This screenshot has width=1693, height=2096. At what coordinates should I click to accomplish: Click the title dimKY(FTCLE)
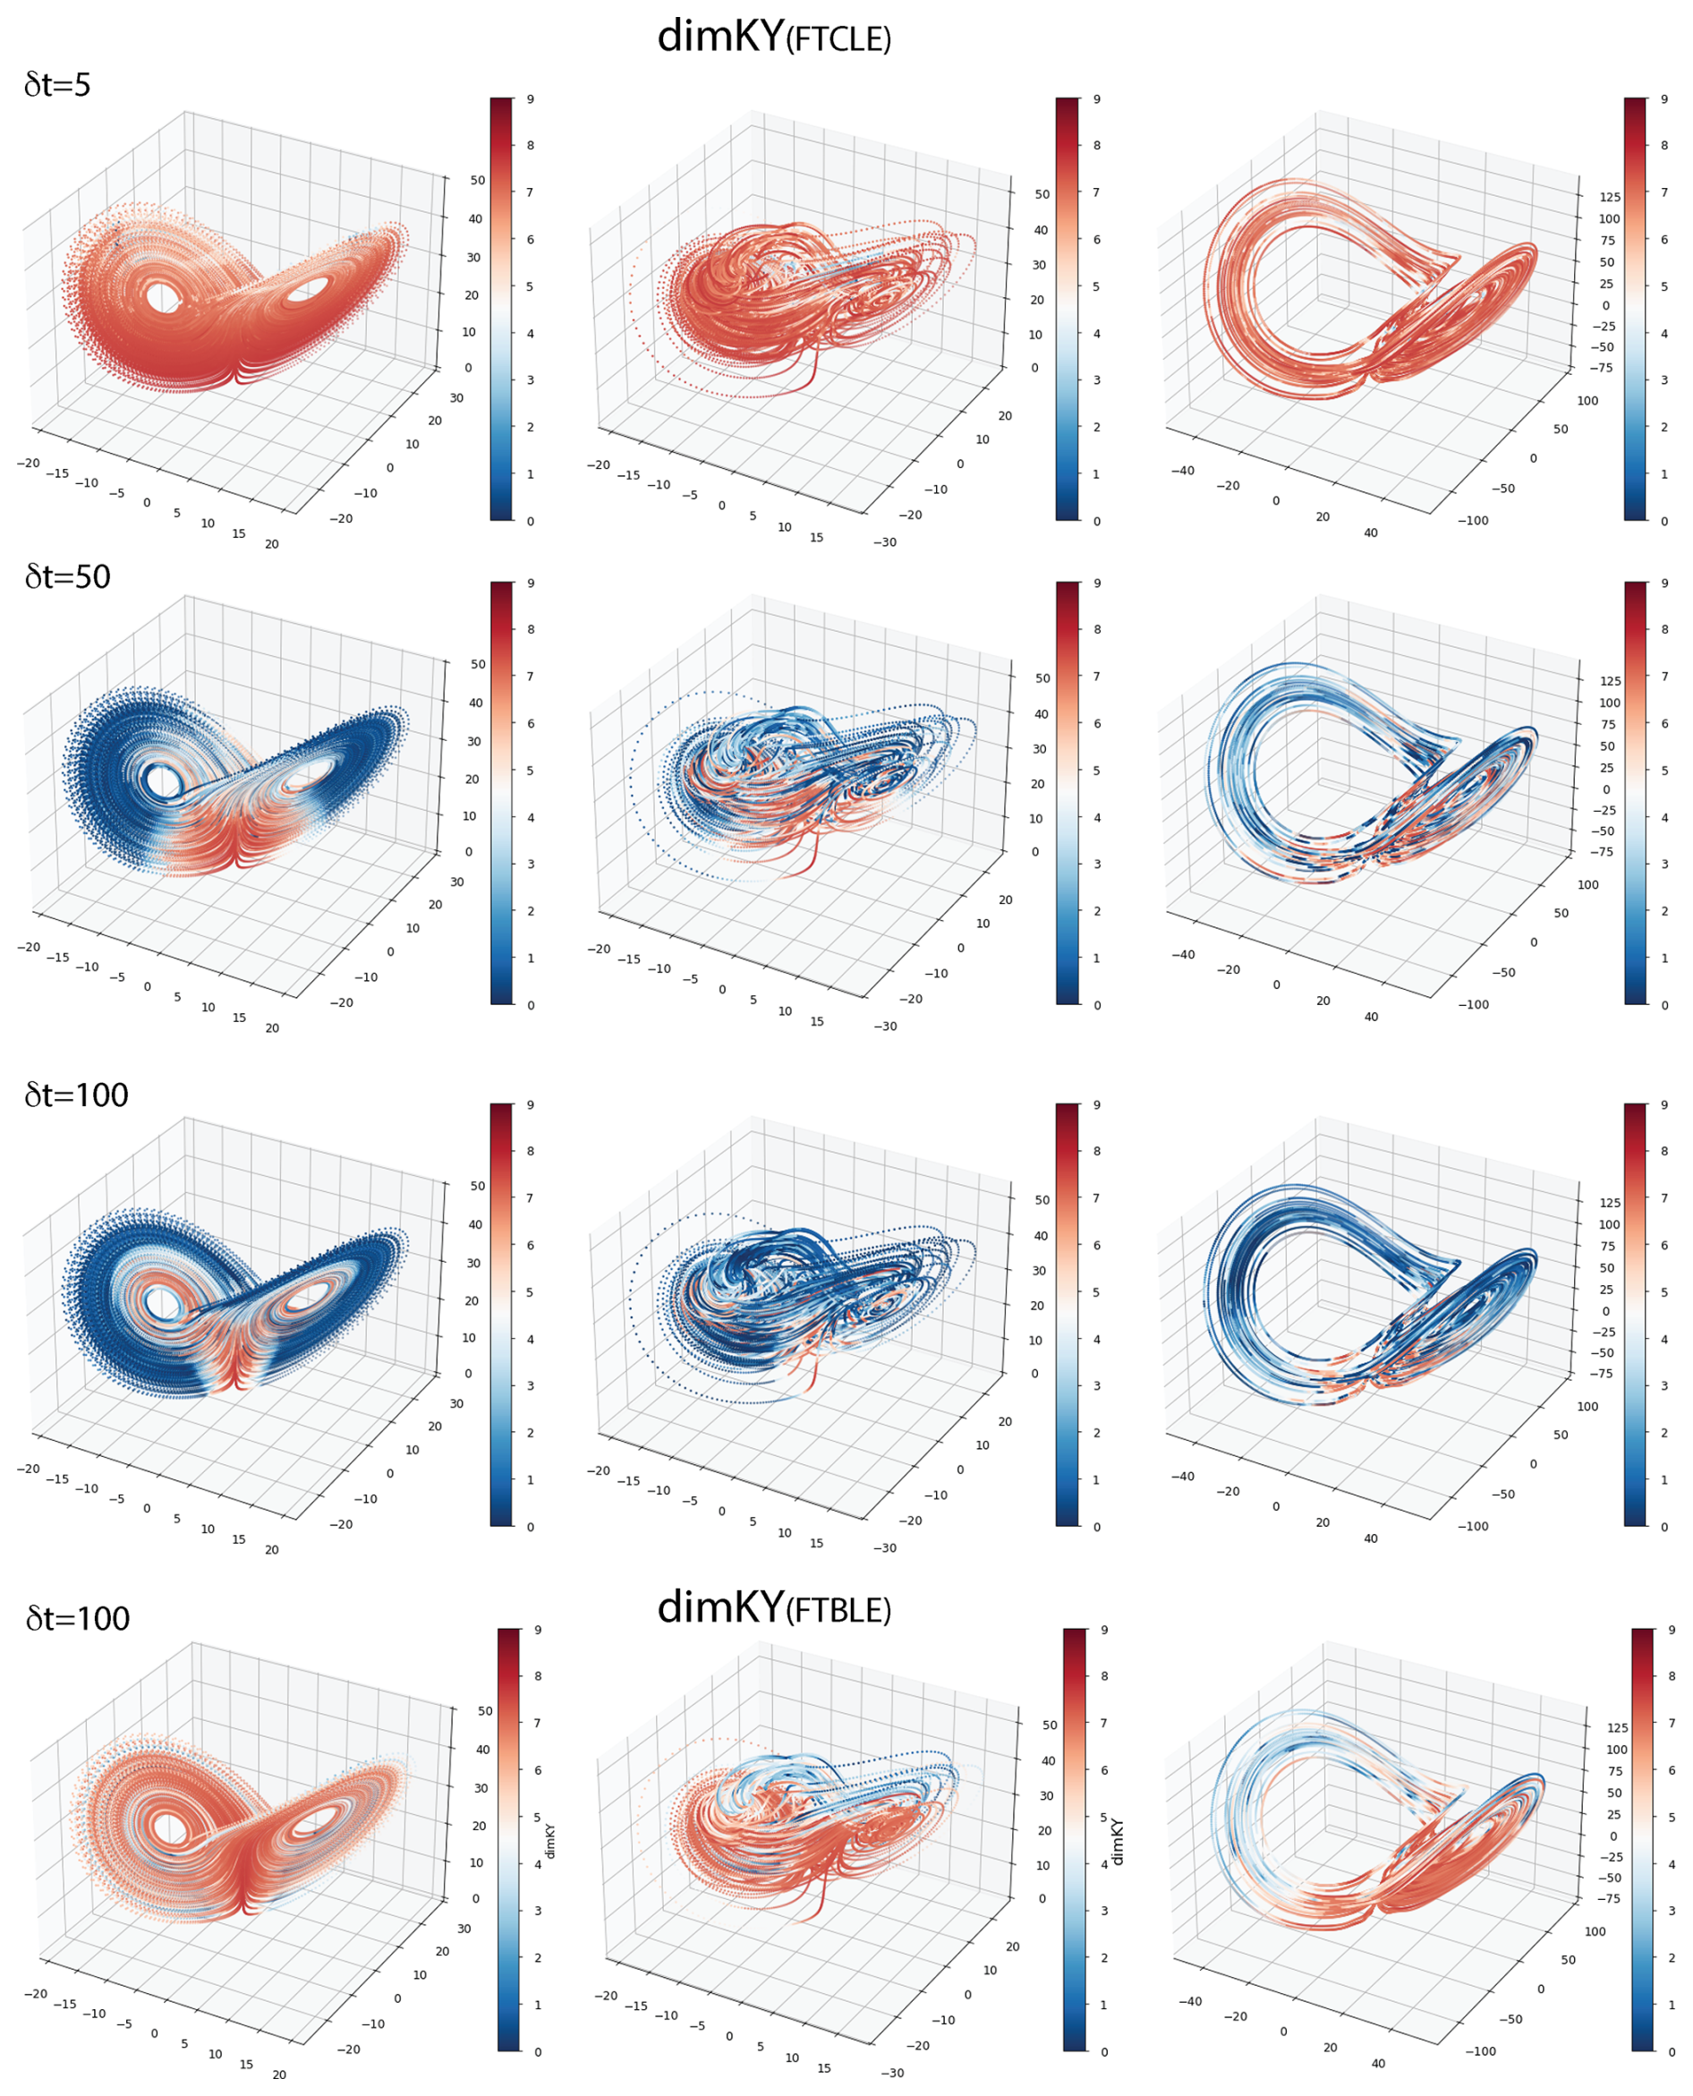coord(773,37)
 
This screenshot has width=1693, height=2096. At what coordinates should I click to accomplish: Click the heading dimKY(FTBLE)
coord(773,1606)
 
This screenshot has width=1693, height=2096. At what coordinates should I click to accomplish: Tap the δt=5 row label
coord(57,85)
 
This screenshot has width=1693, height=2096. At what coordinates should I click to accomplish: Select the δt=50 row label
coord(67,576)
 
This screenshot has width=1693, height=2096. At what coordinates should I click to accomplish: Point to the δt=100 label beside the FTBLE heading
coord(77,1618)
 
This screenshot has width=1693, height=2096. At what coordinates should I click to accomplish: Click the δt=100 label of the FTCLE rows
coord(76,1095)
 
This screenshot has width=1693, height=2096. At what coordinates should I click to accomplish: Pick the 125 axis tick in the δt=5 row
coord(1609,197)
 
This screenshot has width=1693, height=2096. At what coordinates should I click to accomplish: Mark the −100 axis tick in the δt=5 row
coord(1473,521)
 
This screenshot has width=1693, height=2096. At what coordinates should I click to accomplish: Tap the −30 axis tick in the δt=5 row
coord(885,542)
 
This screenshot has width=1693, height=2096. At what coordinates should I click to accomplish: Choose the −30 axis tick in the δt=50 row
coord(885,1026)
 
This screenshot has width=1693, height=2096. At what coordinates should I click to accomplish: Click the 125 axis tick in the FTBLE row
coord(1617,1727)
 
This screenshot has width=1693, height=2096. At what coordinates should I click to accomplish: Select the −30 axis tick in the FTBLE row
coord(891,2073)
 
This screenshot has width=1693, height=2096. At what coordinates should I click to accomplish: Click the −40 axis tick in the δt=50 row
coord(1182,955)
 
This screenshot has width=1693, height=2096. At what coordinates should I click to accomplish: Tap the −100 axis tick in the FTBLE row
coord(1480,2051)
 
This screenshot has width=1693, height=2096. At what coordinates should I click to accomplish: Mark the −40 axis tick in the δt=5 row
coord(1182,470)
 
